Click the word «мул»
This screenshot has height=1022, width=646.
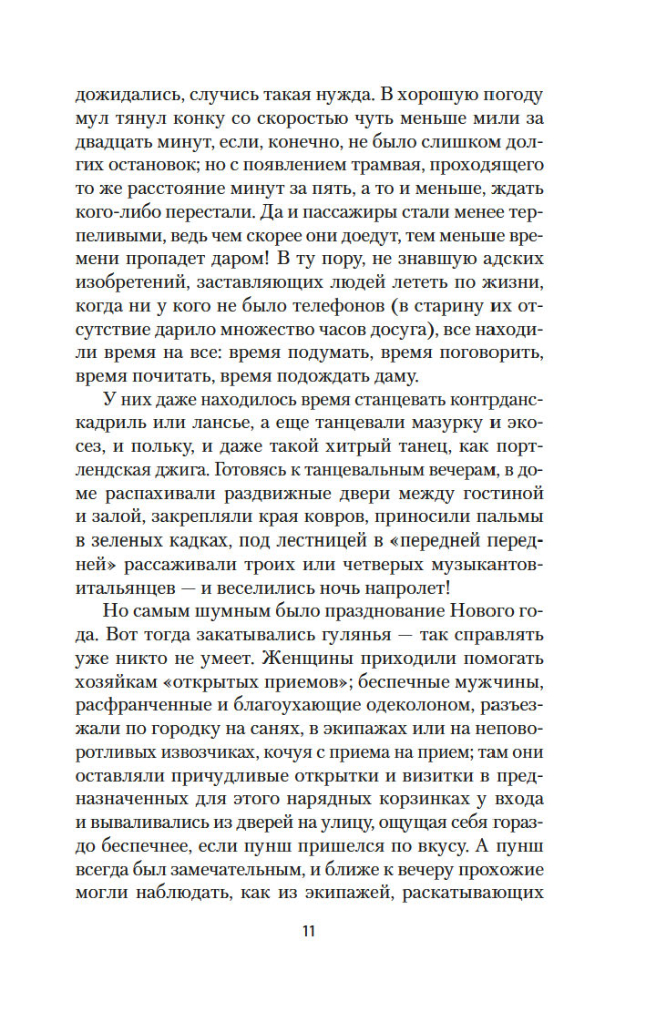pos(118,118)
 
